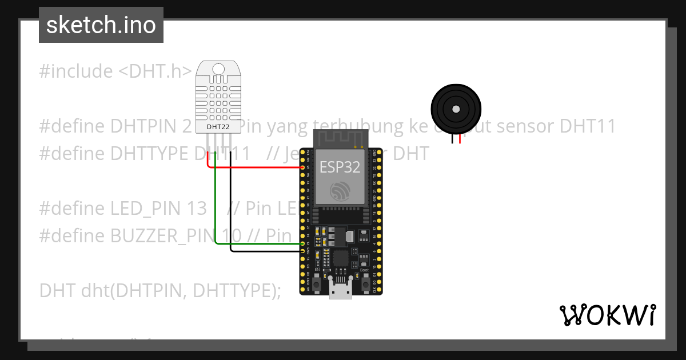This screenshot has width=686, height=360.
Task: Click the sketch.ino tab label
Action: (x=101, y=25)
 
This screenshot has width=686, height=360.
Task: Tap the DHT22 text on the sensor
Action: (x=218, y=126)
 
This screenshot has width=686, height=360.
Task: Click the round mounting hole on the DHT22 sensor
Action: (x=218, y=70)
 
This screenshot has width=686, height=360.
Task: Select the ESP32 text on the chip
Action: (x=340, y=167)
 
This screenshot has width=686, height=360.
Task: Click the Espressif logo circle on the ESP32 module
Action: (x=340, y=190)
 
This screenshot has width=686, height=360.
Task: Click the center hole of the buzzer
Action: (x=456, y=109)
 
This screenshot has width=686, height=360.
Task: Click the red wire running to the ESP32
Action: (x=257, y=167)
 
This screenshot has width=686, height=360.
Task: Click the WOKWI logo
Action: (x=607, y=315)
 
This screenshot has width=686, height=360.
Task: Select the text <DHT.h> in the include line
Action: (x=155, y=71)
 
